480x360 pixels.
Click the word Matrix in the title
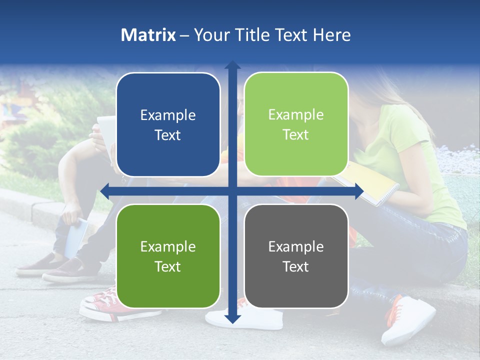click(x=148, y=35)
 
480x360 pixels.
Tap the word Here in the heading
click(x=331, y=35)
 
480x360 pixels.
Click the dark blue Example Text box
click(x=168, y=124)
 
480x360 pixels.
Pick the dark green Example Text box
click(x=168, y=256)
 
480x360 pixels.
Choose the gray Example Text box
click(x=296, y=256)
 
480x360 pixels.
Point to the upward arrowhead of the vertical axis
click(x=232, y=65)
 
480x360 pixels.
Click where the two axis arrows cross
click(x=232, y=191)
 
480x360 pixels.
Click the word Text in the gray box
click(x=296, y=266)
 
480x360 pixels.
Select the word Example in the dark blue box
click(x=168, y=115)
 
